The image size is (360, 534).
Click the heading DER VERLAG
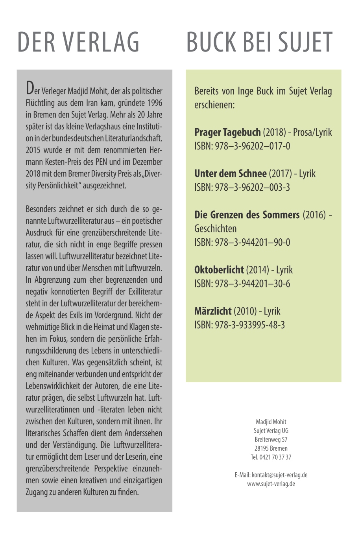point(78,42)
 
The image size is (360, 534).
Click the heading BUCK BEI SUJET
point(259,42)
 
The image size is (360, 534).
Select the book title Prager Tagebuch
point(227,133)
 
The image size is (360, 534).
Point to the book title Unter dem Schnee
point(230,174)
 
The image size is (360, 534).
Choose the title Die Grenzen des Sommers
point(247,215)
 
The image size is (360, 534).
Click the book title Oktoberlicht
point(219,270)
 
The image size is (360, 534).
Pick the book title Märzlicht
point(213,311)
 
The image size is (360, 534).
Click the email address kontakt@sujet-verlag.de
point(280,475)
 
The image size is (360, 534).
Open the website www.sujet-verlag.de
point(271,484)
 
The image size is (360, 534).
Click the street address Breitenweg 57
point(271,440)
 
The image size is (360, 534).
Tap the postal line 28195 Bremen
point(271,448)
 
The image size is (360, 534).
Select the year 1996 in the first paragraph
point(155,103)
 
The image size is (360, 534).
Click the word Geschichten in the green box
point(216,229)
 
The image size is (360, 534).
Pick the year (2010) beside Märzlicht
point(245,311)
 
